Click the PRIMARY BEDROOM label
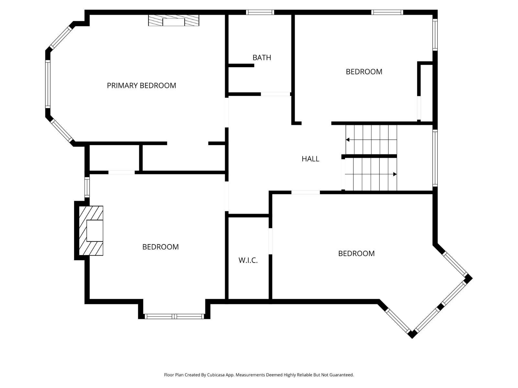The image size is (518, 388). point(141,85)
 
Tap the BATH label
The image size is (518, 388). point(262,58)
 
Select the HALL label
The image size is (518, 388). point(310,159)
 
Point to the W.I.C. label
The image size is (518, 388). point(248,260)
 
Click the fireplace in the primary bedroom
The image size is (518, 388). point(174,21)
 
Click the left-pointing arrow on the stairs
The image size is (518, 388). point(348,140)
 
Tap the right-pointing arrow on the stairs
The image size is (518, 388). point(395,174)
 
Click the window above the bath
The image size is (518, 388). point(260,12)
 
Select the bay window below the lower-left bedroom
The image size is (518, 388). point(174,316)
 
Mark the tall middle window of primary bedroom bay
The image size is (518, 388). point(48,84)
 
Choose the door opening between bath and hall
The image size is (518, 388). point(275,94)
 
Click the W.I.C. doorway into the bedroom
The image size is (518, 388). point(270,241)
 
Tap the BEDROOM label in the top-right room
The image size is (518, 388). point(364,72)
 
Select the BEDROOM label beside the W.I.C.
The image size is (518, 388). point(356,253)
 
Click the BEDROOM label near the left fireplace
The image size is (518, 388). point(160,247)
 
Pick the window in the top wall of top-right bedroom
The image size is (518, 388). point(387,12)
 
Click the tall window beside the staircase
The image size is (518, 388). point(435,158)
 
